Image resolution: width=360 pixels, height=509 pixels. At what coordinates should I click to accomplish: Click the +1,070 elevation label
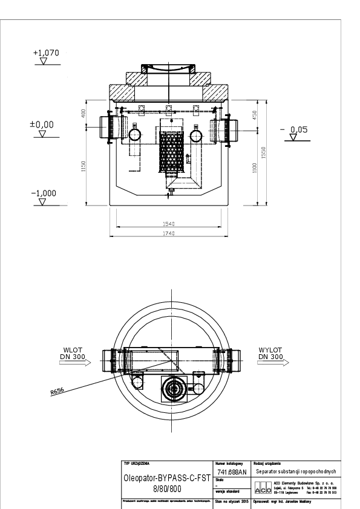tap(45, 54)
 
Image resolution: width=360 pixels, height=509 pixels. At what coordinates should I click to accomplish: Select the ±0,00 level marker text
tap(42, 124)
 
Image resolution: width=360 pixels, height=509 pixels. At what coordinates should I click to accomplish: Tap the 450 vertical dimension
tap(256, 115)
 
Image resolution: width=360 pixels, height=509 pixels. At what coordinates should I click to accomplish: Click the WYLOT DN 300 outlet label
tap(270, 353)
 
